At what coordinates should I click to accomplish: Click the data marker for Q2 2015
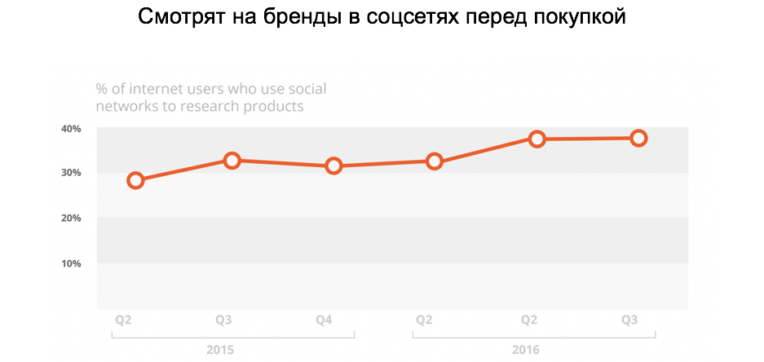point(136,180)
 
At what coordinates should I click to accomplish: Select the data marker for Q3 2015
point(232,161)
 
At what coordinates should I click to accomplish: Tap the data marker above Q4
point(333,166)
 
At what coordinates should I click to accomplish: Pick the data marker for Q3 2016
point(638,138)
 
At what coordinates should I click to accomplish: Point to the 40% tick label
point(70,129)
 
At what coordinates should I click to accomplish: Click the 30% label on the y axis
point(70,173)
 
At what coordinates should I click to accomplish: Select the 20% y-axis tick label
point(70,219)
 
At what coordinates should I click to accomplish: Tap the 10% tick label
point(70,263)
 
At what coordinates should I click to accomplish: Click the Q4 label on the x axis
point(323,320)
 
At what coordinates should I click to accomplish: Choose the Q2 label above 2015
point(121,320)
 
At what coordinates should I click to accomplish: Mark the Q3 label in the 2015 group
point(222,320)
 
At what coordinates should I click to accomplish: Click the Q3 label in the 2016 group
point(629,320)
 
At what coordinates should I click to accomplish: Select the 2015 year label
point(221,350)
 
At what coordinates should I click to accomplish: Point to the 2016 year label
point(526,350)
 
